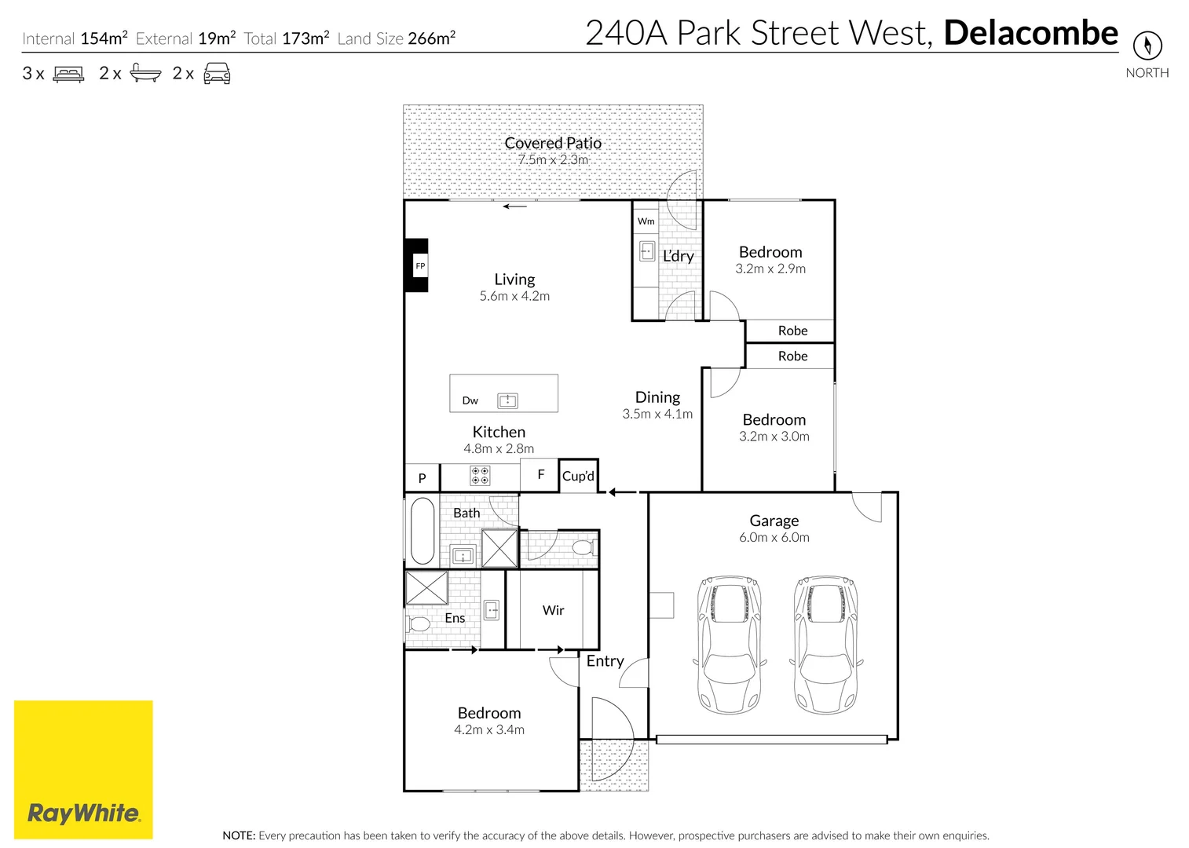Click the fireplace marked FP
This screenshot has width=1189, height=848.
[417, 265]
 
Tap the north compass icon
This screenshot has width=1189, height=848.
[1147, 46]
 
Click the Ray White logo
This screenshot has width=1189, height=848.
[83, 769]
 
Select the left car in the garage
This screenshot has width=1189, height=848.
[730, 644]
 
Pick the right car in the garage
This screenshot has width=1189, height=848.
[826, 644]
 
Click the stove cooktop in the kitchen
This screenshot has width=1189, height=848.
[480, 476]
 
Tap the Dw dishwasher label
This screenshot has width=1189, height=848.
[470, 400]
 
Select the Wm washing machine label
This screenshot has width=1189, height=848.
[646, 221]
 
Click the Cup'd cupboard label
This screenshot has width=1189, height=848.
[578, 476]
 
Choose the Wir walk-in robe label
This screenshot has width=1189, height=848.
[553, 610]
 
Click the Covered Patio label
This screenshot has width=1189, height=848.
[553, 143]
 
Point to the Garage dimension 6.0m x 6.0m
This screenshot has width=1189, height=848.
[774, 537]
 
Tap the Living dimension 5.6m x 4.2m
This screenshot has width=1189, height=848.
[514, 296]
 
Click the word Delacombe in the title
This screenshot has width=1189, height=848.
[1031, 33]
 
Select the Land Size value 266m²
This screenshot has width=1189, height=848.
[432, 38]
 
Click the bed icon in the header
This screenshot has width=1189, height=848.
[68, 73]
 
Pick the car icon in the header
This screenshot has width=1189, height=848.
[217, 73]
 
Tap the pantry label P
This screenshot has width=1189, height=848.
[422, 478]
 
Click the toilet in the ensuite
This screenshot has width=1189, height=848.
[419, 624]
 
